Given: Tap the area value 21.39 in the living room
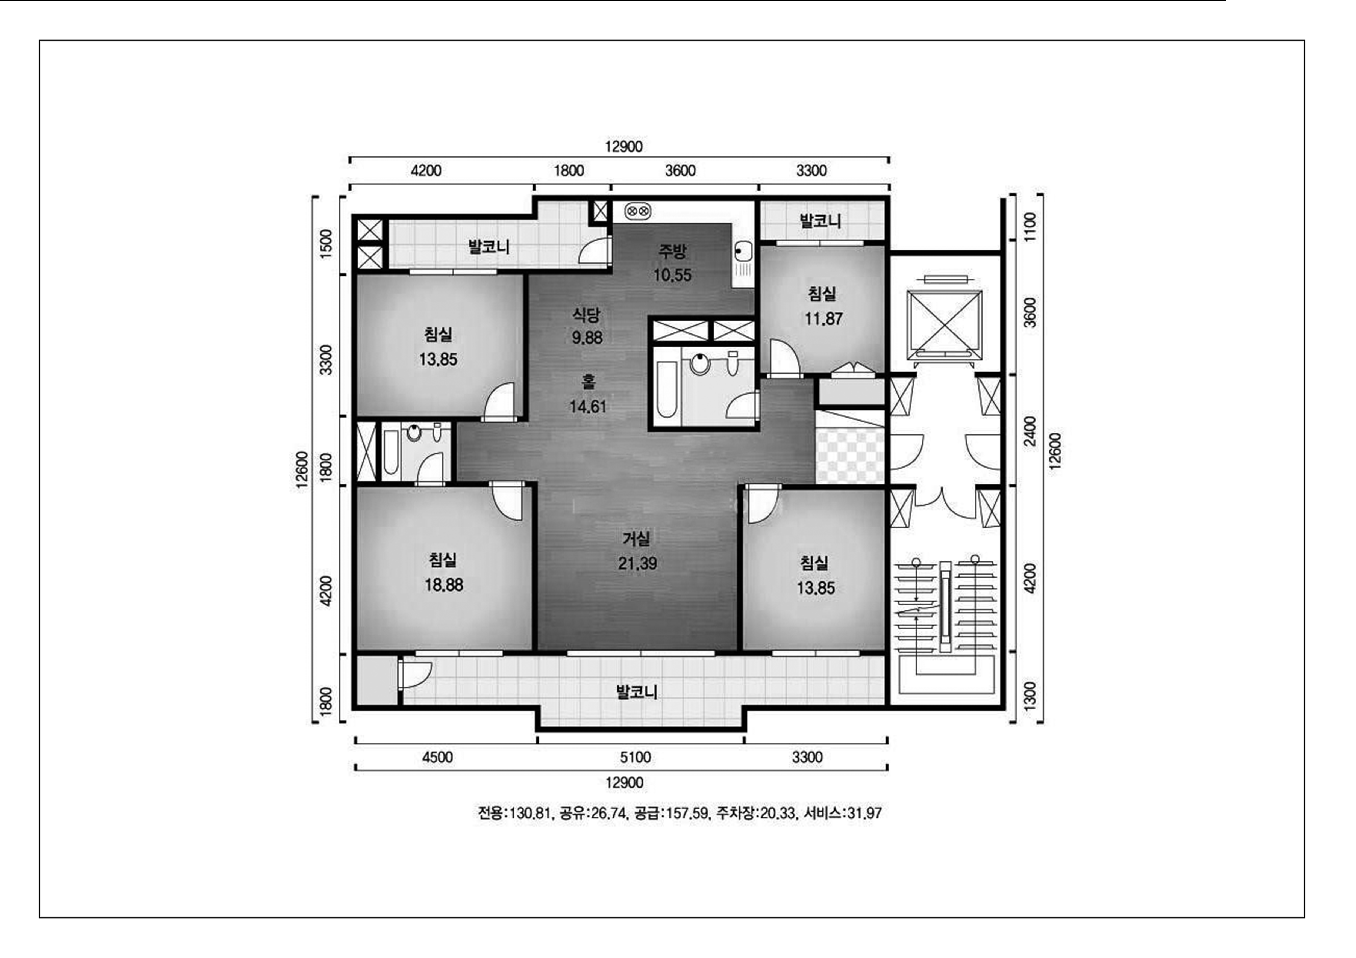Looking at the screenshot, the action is click(x=637, y=563).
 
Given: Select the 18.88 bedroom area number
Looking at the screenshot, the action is click(x=443, y=585).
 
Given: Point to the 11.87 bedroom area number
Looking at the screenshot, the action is click(x=823, y=319).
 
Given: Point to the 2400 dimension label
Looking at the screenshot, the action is click(x=1029, y=431).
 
